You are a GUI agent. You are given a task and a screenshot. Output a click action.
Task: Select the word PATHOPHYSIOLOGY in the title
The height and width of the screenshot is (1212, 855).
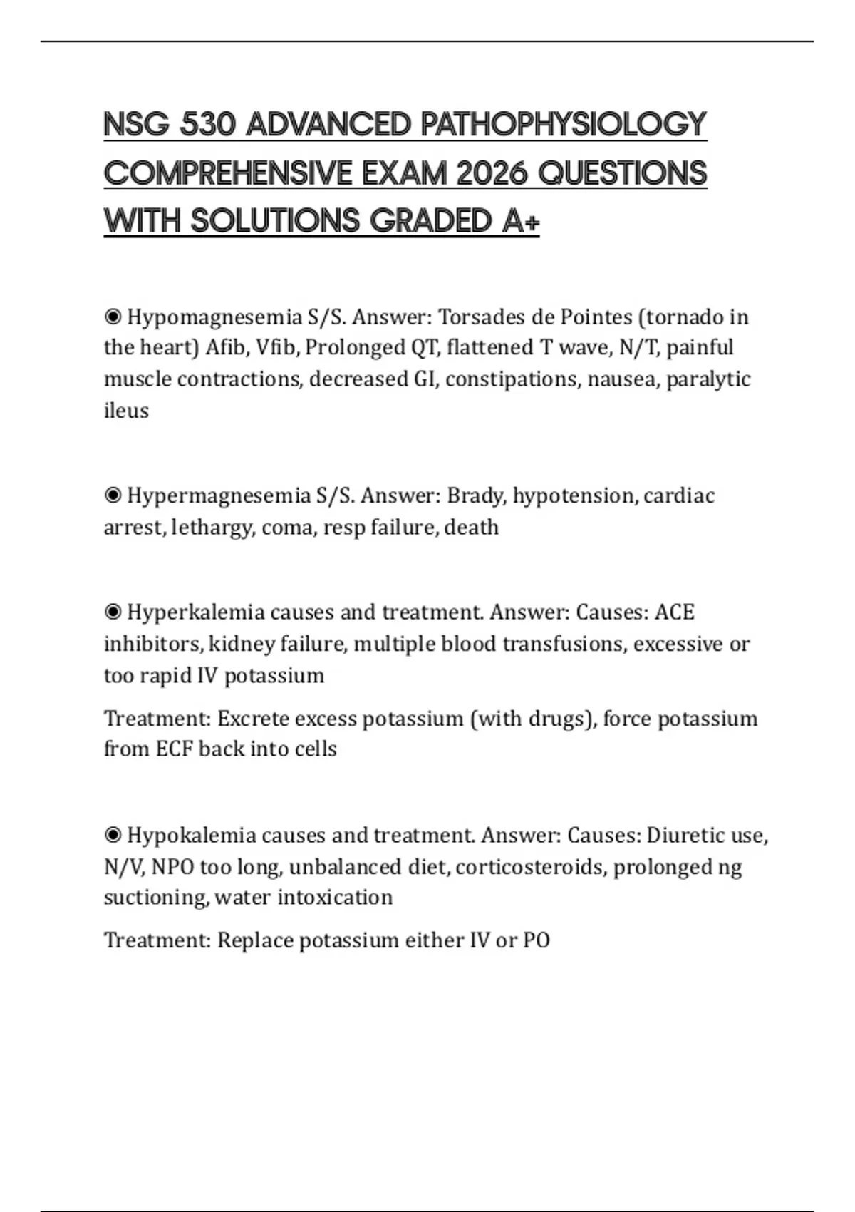pos(563,125)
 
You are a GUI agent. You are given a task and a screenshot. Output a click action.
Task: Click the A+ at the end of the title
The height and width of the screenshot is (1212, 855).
pos(521,221)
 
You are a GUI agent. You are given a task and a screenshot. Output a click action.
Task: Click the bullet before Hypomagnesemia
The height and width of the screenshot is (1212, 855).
pos(113,317)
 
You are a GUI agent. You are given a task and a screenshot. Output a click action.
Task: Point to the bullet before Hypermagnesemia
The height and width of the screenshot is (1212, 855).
pos(113,495)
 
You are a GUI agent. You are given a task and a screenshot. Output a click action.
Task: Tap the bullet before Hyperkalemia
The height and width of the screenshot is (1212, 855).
pos(113,612)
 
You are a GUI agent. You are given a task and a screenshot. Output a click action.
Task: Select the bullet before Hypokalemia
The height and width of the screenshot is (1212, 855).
pos(113,835)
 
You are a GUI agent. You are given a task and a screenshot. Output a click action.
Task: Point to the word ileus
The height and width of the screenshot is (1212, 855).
pos(126,411)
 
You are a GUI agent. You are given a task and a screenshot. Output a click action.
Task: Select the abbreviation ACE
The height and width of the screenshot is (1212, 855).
pos(674,612)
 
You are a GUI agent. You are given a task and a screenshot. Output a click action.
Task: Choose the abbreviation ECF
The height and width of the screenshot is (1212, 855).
pos(174,749)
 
